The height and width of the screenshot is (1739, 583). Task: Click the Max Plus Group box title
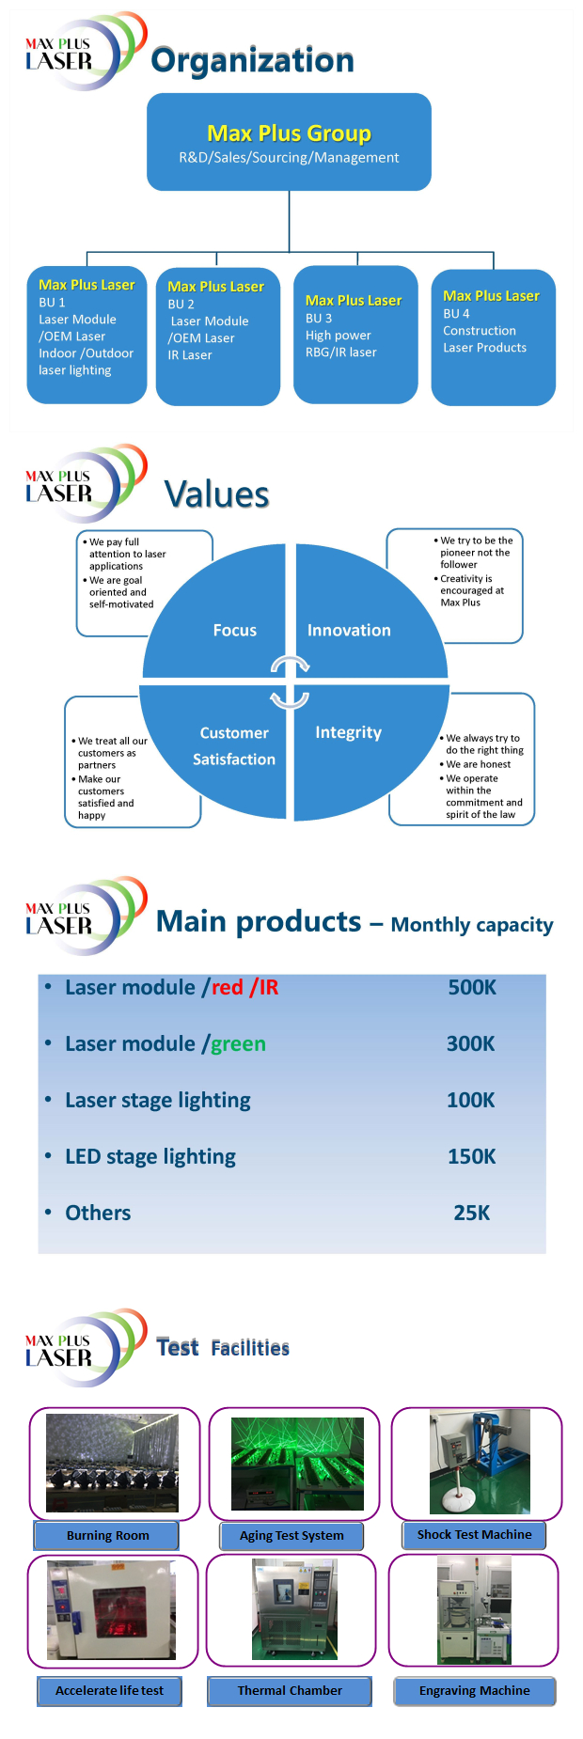(x=289, y=133)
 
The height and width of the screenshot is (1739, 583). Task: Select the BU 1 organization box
(x=87, y=335)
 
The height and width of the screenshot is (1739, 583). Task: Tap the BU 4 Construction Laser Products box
(x=493, y=337)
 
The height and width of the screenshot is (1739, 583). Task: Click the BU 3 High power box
(x=355, y=335)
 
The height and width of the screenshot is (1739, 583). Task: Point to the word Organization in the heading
(x=252, y=60)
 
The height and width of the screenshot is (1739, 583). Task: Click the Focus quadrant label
(x=234, y=630)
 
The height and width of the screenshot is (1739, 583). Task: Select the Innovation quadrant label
(x=349, y=630)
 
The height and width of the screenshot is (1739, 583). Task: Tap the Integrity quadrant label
(x=348, y=732)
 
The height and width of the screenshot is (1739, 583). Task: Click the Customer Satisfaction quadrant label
(x=234, y=745)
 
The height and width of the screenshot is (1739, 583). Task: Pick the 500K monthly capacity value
(x=471, y=987)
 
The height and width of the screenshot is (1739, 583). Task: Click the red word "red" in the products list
(x=228, y=987)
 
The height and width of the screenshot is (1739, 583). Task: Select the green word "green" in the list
(x=238, y=1043)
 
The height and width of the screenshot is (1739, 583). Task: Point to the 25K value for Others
(x=471, y=1213)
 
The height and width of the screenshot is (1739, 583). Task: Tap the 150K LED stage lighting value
(x=471, y=1156)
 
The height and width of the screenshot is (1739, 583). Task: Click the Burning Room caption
(x=107, y=1535)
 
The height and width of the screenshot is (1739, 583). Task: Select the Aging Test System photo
(x=297, y=1464)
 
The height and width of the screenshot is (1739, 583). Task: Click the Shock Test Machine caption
(x=474, y=1534)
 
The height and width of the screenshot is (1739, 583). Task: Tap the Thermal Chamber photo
(x=294, y=1608)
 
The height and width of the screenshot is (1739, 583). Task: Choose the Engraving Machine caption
(x=474, y=1690)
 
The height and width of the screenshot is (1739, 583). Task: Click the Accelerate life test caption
(x=109, y=1690)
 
